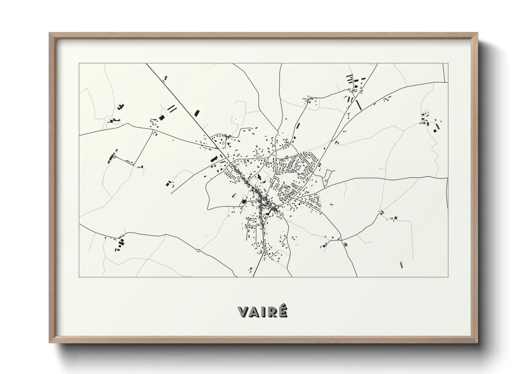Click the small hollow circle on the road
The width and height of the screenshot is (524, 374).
(198, 251)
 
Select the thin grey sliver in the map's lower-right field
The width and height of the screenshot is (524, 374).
(401, 264)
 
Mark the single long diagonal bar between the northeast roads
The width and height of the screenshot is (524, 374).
(359, 104)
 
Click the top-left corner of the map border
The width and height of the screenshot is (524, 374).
(79, 64)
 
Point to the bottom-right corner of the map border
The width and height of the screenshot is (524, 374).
(448, 277)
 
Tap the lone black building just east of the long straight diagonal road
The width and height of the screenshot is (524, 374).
(197, 113)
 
